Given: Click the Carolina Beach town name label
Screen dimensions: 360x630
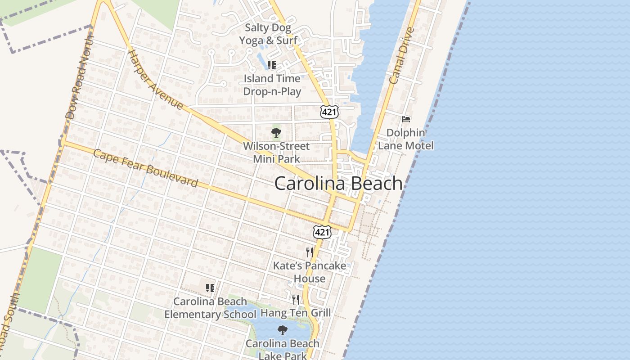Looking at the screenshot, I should pyautogui.click(x=338, y=184).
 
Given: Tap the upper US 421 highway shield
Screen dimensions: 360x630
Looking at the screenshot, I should pyautogui.click(x=329, y=112).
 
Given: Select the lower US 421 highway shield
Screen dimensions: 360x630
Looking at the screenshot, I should pyautogui.click(x=322, y=232).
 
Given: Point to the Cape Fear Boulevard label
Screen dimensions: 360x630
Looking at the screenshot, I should pyautogui.click(x=145, y=168).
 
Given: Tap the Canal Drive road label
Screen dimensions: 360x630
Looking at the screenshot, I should pyautogui.click(x=401, y=56).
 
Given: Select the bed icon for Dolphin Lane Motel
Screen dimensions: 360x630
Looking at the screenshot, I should pyautogui.click(x=406, y=119).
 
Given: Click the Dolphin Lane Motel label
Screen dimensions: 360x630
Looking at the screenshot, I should pyautogui.click(x=406, y=139).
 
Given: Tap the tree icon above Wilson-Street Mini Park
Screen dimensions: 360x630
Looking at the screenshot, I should pyautogui.click(x=276, y=133).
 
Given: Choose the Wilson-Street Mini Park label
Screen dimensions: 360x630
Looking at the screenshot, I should pyautogui.click(x=276, y=153).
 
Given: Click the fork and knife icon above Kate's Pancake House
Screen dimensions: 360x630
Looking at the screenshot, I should pyautogui.click(x=309, y=252).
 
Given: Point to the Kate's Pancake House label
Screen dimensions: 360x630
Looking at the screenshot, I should pyautogui.click(x=310, y=272).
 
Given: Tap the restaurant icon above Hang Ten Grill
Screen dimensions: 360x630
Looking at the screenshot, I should pyautogui.click(x=295, y=299).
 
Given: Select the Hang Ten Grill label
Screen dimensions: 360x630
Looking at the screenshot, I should pyautogui.click(x=296, y=312).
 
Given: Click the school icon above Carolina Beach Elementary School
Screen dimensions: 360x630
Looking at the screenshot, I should pyautogui.click(x=210, y=288).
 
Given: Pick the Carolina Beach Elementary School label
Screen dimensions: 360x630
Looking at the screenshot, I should pyautogui.click(x=210, y=308).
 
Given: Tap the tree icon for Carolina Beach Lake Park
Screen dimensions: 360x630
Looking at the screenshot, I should pyautogui.click(x=282, y=330).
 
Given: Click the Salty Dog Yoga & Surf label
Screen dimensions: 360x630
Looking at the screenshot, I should pyautogui.click(x=268, y=34).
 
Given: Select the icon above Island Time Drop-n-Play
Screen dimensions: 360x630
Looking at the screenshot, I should pyautogui.click(x=271, y=65).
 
